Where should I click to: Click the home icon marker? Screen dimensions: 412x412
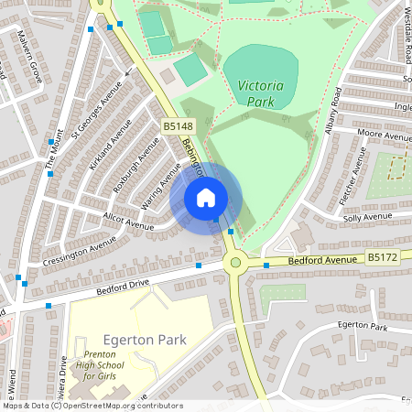[206, 198]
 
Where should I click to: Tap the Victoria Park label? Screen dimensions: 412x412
[259, 94]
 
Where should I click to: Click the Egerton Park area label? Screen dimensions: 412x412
[145, 340]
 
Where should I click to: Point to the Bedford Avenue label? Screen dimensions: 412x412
[320, 261]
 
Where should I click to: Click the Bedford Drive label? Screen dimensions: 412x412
[122, 288]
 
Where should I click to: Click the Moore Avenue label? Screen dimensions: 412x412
[385, 136]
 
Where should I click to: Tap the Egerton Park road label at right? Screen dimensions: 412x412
[362, 327]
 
